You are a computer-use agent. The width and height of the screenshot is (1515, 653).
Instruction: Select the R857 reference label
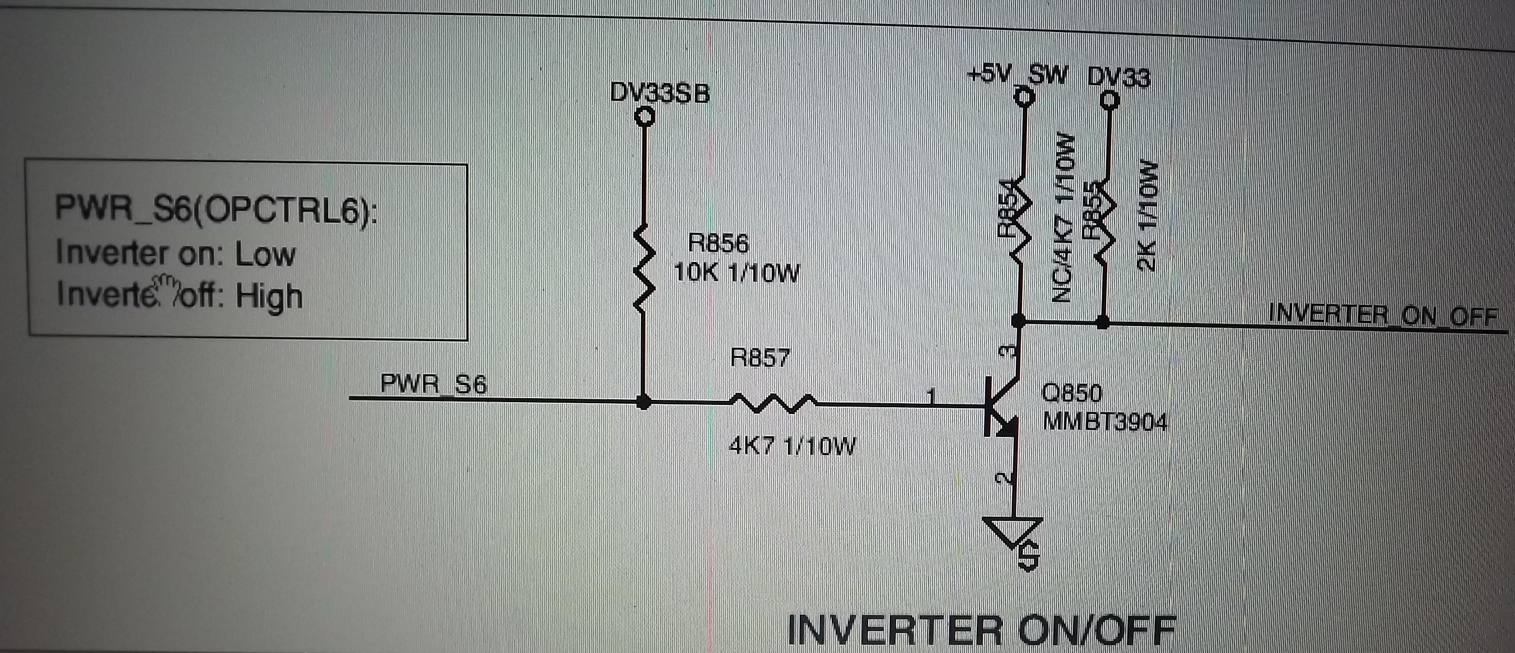tap(761, 358)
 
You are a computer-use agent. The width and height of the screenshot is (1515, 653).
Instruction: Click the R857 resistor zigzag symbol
tap(772, 403)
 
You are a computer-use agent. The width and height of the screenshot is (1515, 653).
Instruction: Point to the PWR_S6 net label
tap(433, 385)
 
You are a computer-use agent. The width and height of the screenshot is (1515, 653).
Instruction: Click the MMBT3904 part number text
tap(1104, 422)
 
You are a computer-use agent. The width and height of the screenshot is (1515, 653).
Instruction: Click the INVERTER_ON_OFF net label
tap(1382, 316)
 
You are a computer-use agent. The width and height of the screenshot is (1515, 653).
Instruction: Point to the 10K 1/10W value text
tap(736, 273)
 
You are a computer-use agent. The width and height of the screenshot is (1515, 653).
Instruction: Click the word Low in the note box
tap(265, 254)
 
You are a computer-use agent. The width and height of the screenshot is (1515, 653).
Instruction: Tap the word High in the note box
tap(269, 296)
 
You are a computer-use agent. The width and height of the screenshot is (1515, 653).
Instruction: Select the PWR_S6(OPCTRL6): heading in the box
tap(216, 209)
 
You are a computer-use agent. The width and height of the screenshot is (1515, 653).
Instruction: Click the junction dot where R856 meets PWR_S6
tap(645, 403)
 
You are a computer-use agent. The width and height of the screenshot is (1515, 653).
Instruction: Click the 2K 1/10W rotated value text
tap(1148, 214)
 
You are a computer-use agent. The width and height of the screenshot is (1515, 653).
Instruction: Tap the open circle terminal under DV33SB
tap(645, 117)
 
